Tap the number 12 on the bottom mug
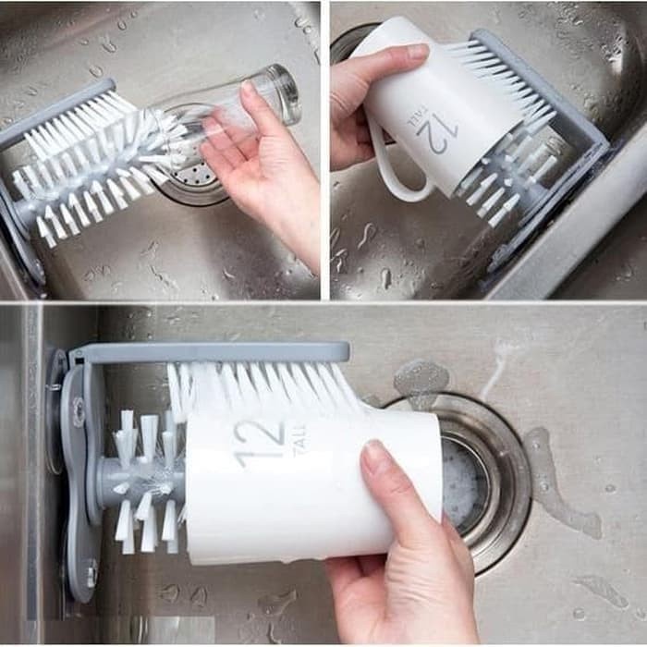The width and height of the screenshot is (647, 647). click(259, 442)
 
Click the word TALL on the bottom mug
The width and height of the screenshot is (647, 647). click(299, 441)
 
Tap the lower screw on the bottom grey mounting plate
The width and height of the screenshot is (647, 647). click(92, 570)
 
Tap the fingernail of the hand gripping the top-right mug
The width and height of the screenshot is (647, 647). click(417, 52)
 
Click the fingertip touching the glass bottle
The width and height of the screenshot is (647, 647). click(248, 92)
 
